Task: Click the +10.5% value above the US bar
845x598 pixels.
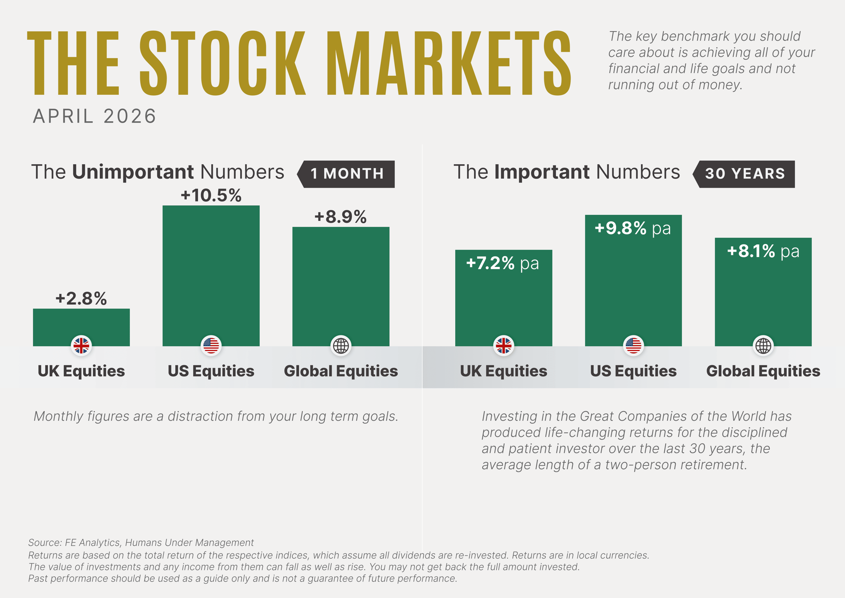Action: click(x=211, y=195)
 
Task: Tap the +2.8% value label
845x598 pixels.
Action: click(x=81, y=298)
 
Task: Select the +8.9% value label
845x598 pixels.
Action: click(x=340, y=216)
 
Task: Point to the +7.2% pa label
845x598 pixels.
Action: click(x=502, y=263)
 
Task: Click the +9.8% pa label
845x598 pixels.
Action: click(x=633, y=228)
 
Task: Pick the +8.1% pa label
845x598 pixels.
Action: click(x=763, y=251)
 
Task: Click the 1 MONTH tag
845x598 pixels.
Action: click(x=346, y=174)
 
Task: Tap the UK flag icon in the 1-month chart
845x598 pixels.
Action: click(x=81, y=346)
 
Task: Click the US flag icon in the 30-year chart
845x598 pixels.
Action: click(x=633, y=346)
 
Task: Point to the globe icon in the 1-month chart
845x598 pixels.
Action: click(x=341, y=346)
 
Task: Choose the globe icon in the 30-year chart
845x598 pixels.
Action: click(x=763, y=346)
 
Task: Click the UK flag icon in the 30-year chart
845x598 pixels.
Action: click(x=503, y=346)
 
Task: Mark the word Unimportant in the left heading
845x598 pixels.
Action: click(x=133, y=172)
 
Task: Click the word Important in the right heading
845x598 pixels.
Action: click(x=542, y=172)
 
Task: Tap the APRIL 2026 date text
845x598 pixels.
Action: click(x=95, y=116)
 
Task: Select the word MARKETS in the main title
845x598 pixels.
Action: click(x=449, y=63)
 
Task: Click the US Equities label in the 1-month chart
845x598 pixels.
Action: click(x=211, y=371)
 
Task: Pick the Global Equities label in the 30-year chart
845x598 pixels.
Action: click(x=763, y=371)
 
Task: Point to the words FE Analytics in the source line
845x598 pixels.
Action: click(x=92, y=543)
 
